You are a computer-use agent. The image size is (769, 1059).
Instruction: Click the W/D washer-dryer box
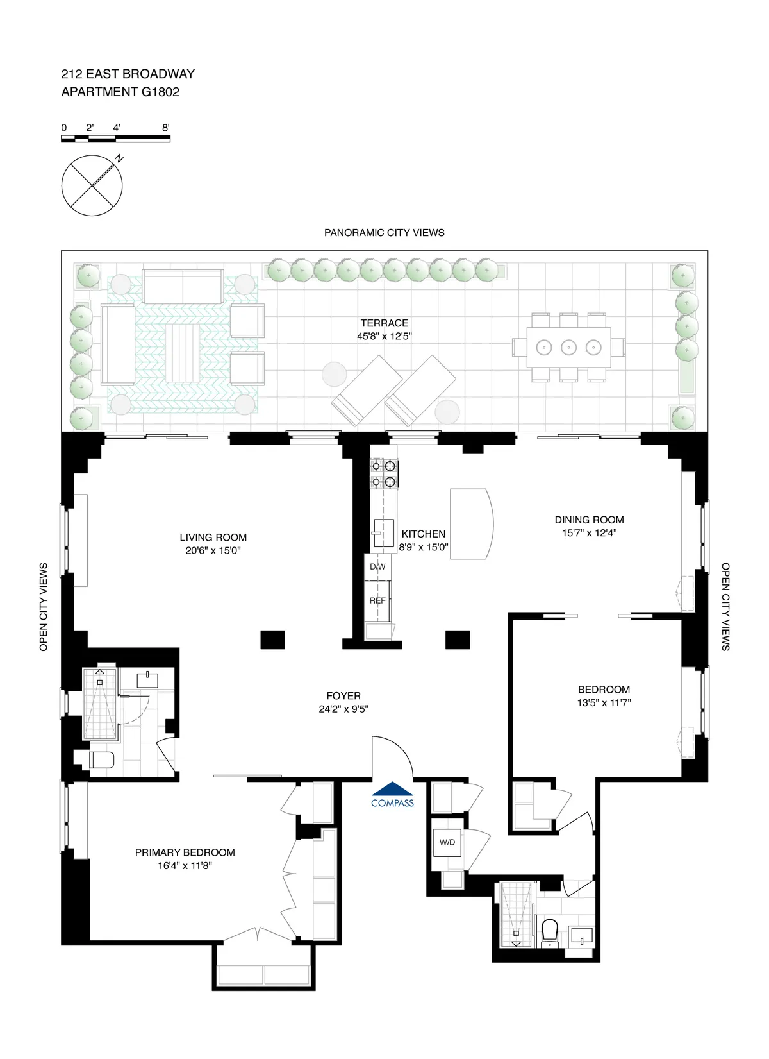[447, 842]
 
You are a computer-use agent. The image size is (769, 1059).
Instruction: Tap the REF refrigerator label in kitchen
[377, 601]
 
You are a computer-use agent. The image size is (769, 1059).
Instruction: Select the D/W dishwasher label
[377, 567]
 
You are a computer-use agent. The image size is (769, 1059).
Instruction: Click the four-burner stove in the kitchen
[383, 474]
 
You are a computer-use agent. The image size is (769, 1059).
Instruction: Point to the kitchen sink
[383, 533]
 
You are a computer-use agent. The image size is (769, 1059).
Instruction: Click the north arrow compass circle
[92, 185]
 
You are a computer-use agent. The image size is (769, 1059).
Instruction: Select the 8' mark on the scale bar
[165, 128]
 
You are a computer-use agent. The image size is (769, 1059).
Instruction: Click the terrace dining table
[568, 348]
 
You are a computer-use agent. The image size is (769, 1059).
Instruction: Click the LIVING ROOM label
[213, 538]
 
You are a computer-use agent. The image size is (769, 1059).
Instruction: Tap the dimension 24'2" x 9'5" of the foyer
[343, 709]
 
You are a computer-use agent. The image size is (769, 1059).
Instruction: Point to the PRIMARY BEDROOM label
[185, 852]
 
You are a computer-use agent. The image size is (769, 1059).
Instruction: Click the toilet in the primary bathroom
[101, 760]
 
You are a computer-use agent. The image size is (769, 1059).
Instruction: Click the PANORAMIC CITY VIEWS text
[384, 233]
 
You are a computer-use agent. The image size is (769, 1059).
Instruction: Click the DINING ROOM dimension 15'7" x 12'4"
[589, 533]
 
